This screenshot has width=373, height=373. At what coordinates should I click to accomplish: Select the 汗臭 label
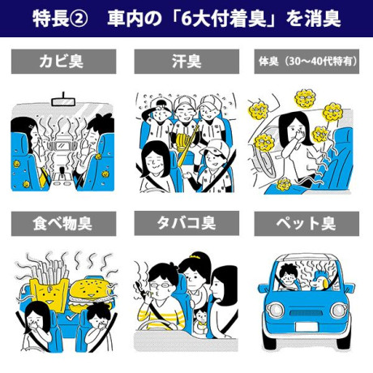[186, 62]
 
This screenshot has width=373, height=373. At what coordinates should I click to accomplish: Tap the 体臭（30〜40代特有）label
[307, 62]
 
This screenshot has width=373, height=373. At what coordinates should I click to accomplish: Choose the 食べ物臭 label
[63, 224]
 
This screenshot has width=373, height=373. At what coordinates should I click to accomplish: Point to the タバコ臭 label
[186, 224]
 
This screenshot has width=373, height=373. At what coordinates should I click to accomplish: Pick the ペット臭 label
[307, 224]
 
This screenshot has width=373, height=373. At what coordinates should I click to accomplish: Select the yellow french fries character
[49, 286]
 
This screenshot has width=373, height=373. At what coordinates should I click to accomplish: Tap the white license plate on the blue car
[307, 327]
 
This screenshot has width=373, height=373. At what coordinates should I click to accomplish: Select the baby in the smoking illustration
[201, 321]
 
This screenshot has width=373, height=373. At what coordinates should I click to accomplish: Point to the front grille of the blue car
[306, 313]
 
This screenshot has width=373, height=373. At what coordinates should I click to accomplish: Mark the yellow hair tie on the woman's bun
[195, 255]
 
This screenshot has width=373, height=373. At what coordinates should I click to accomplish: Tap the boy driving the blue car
[289, 277]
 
